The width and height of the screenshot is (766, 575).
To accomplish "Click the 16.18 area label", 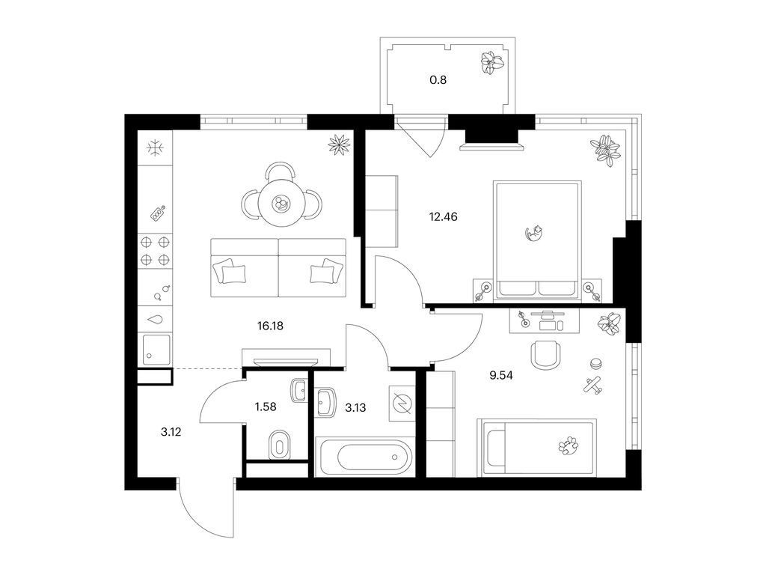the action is (x=270, y=326).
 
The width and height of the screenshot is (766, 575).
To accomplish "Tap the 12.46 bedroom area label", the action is (x=443, y=216).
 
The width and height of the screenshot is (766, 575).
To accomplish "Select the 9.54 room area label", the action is (x=501, y=376).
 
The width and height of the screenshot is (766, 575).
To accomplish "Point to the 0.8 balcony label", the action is (x=438, y=79).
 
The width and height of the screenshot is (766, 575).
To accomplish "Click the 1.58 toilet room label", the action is (x=266, y=407).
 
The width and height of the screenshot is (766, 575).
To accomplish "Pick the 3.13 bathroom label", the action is (x=355, y=408).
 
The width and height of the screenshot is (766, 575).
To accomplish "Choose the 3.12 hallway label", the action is (x=171, y=432).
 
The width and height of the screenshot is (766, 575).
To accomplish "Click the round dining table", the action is (x=281, y=202).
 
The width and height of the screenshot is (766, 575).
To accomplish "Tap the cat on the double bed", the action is (x=534, y=233).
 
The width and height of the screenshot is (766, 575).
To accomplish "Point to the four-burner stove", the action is (x=156, y=250).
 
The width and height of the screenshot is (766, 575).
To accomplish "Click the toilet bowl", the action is (x=278, y=445).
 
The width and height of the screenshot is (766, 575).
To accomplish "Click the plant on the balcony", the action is (x=492, y=63).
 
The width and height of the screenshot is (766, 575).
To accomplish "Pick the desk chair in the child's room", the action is (x=545, y=355).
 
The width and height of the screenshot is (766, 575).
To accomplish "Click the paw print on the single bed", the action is (x=569, y=445).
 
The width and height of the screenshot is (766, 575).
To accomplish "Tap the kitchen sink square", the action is (x=156, y=350).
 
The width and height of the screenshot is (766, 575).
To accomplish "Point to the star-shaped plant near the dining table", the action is (x=340, y=144).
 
